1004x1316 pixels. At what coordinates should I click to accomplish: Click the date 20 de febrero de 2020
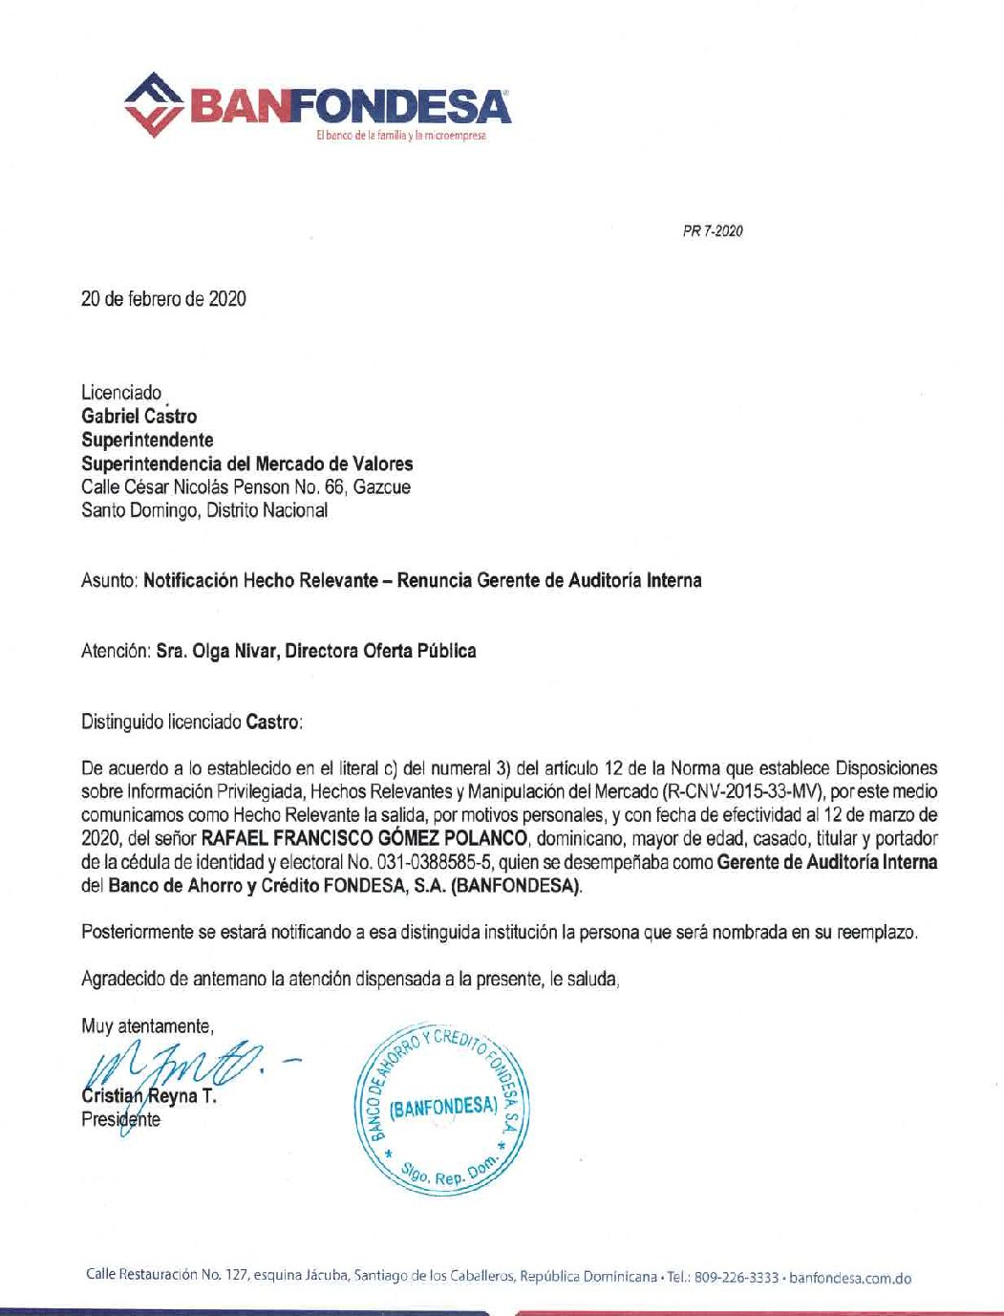pos(163,299)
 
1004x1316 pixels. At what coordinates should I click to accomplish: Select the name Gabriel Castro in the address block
pos(139,416)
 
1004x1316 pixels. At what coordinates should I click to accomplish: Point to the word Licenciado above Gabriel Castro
pos(121,393)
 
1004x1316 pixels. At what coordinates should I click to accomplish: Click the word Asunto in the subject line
pos(110,580)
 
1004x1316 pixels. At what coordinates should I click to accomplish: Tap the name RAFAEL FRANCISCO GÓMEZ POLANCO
pos(363,838)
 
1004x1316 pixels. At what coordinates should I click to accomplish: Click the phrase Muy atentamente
pos(149,1026)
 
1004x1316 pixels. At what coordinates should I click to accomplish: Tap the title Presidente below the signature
pos(121,1119)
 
